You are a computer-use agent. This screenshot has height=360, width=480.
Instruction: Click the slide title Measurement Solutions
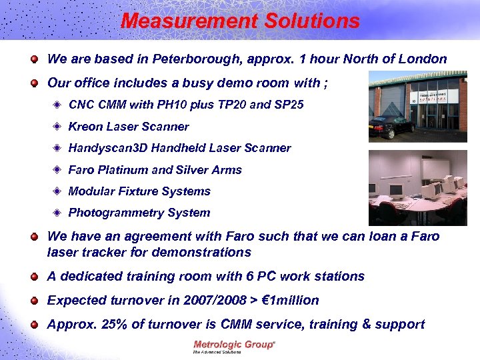pyautogui.click(x=240, y=21)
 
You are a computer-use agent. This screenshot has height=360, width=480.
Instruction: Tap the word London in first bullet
pyautogui.click(x=422, y=59)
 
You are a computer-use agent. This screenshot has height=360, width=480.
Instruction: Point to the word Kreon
pyautogui.click(x=85, y=127)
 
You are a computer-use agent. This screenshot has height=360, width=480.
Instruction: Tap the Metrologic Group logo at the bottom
pyautogui.click(x=234, y=347)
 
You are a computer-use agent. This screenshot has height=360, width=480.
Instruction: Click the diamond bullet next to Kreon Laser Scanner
pyautogui.click(x=59, y=127)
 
